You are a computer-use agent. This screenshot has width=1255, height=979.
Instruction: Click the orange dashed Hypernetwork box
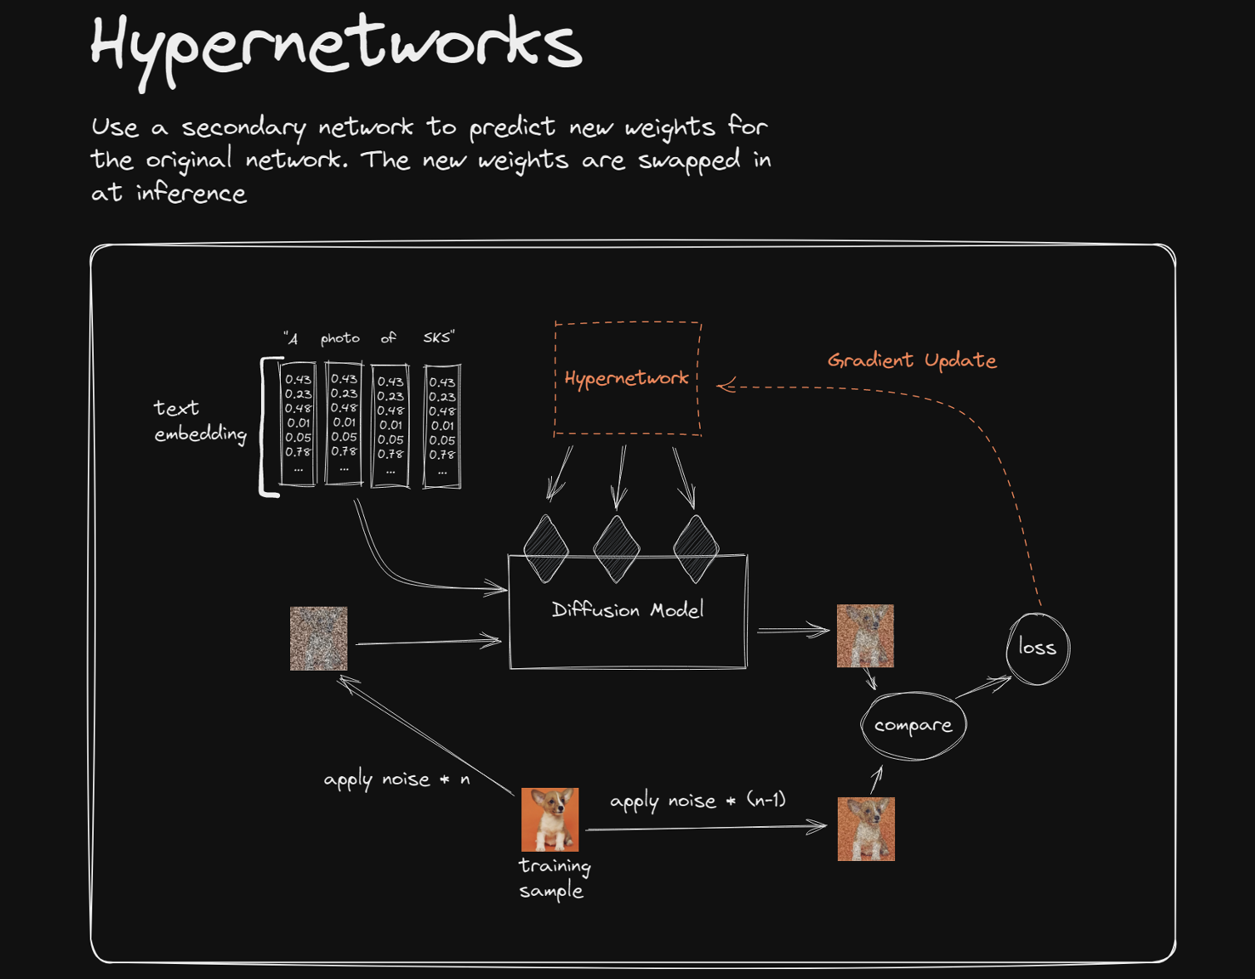(627, 378)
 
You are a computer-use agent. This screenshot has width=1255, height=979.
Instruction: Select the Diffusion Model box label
(627, 610)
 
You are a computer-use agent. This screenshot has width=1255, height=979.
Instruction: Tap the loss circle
(1037, 648)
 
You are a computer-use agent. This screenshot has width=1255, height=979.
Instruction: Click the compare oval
(913, 726)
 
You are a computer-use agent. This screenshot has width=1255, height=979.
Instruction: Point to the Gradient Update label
(912, 360)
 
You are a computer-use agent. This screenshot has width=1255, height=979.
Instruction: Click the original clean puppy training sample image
(549, 819)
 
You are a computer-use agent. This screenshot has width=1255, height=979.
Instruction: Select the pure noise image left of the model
(318, 638)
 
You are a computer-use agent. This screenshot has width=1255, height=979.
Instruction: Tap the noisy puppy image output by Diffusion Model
(865, 636)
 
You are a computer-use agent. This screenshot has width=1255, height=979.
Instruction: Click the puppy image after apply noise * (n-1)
(866, 829)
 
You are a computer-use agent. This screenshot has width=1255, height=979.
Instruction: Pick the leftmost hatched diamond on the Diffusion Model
(546, 549)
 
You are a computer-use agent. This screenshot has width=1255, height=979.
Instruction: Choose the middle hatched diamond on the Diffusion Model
(617, 549)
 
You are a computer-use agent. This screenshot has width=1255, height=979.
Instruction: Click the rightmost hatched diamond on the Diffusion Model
(696, 549)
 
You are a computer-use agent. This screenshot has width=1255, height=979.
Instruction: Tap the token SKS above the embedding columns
(438, 337)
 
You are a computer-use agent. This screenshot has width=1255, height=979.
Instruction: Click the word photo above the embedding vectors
(340, 338)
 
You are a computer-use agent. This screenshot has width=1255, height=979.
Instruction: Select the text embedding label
(199, 421)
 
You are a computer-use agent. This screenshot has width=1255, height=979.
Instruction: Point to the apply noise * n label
(396, 780)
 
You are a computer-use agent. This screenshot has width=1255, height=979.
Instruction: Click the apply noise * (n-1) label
(697, 801)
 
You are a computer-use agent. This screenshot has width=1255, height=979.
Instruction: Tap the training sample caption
(554, 878)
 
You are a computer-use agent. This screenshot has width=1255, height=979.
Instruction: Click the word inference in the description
(191, 194)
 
